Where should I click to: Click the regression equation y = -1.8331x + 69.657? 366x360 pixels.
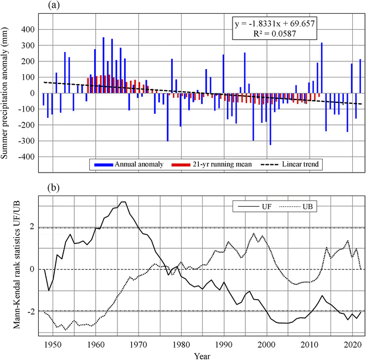click(x=275, y=24)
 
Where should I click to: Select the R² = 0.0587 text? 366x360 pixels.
click(x=275, y=34)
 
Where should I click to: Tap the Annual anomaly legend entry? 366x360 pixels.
click(x=129, y=164)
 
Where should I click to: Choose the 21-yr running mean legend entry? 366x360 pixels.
click(x=212, y=164)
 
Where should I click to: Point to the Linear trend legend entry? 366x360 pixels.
click(x=290, y=164)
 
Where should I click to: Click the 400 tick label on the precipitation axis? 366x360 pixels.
click(x=28, y=30)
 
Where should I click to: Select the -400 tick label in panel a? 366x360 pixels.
click(x=27, y=157)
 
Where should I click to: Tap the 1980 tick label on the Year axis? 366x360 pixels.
click(x=182, y=345)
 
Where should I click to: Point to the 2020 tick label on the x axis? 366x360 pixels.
click(x=353, y=345)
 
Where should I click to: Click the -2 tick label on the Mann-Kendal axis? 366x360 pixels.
click(x=31, y=312)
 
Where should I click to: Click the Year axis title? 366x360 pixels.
click(x=202, y=356)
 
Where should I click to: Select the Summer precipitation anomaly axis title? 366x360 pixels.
click(x=4, y=93)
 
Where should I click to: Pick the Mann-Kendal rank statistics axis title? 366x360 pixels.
click(x=17, y=265)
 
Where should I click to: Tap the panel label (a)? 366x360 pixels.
click(x=54, y=5)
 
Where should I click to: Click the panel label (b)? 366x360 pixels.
click(x=54, y=187)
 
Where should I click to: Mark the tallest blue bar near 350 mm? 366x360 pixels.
click(x=104, y=65)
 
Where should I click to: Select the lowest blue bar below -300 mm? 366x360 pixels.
click(x=270, y=119)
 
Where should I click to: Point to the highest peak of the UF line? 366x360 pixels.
click(x=123, y=202)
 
